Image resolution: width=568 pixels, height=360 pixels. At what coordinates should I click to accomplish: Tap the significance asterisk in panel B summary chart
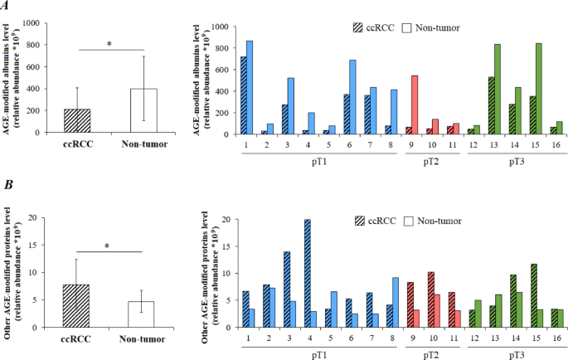(x=109, y=246)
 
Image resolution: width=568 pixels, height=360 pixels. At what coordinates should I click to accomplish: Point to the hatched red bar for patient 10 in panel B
(x=430, y=299)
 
